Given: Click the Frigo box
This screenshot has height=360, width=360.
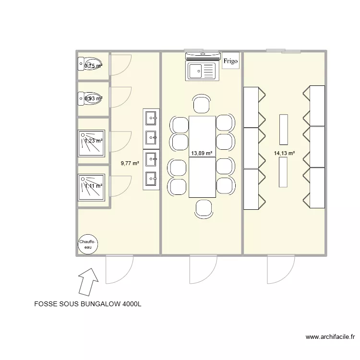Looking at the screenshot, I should [x=230, y=60].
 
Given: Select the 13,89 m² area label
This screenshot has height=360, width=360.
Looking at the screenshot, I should [x=202, y=153].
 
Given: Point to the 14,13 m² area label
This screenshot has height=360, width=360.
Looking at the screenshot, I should [x=284, y=153].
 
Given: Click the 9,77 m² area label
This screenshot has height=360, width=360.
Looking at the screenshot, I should [x=130, y=163].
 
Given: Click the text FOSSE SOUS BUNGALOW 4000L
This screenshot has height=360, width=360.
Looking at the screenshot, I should [x=88, y=304].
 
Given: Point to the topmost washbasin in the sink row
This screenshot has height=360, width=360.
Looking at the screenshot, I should [x=151, y=117].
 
